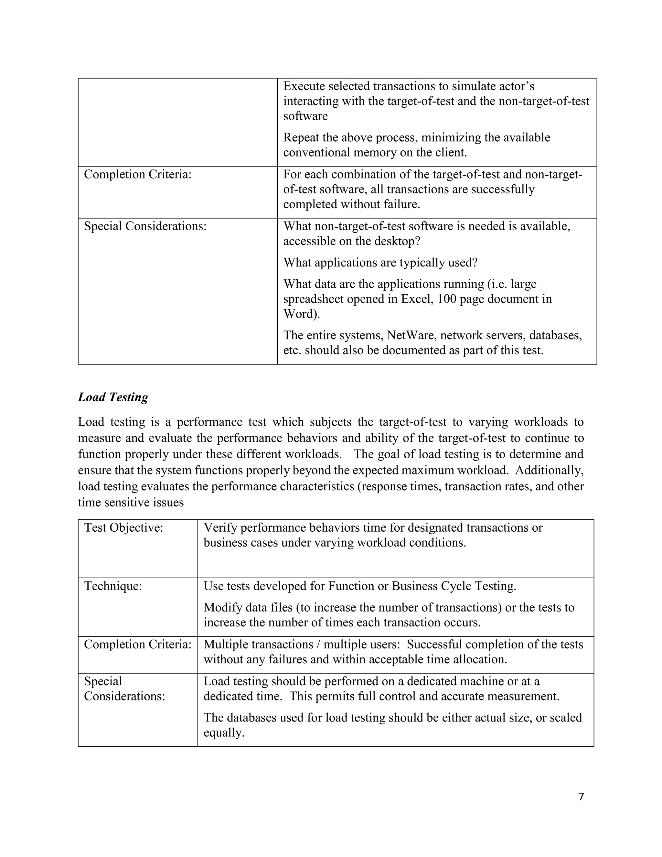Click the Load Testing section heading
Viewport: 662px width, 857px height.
(113, 397)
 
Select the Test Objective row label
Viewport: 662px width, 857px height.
(123, 528)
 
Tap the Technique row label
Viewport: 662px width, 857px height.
(113, 586)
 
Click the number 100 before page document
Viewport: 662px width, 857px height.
(447, 299)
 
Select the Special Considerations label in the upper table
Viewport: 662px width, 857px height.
(145, 226)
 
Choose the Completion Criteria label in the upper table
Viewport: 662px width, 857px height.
(138, 175)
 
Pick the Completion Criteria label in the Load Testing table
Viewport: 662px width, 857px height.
(138, 644)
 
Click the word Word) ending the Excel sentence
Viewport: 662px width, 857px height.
(302, 314)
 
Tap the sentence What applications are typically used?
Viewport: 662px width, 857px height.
(380, 263)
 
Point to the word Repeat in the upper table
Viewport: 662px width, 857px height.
(301, 138)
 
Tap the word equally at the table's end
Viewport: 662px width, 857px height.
(224, 732)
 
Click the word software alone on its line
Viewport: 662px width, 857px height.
(305, 116)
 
